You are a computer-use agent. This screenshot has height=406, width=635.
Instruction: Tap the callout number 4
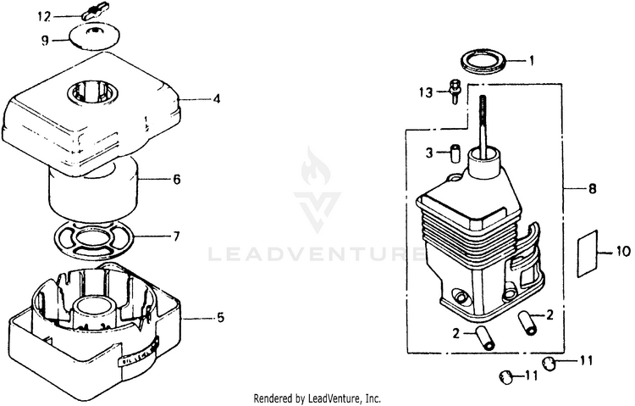(x=217, y=99)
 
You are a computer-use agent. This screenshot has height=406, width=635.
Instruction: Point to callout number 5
(x=220, y=319)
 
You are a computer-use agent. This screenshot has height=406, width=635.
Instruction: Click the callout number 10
(x=623, y=251)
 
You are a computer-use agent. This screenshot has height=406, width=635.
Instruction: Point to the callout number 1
(x=533, y=61)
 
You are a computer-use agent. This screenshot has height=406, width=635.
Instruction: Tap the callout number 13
(x=426, y=91)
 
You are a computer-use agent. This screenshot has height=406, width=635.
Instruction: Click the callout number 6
(x=176, y=180)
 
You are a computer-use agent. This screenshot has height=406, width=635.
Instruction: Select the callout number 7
(x=176, y=236)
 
